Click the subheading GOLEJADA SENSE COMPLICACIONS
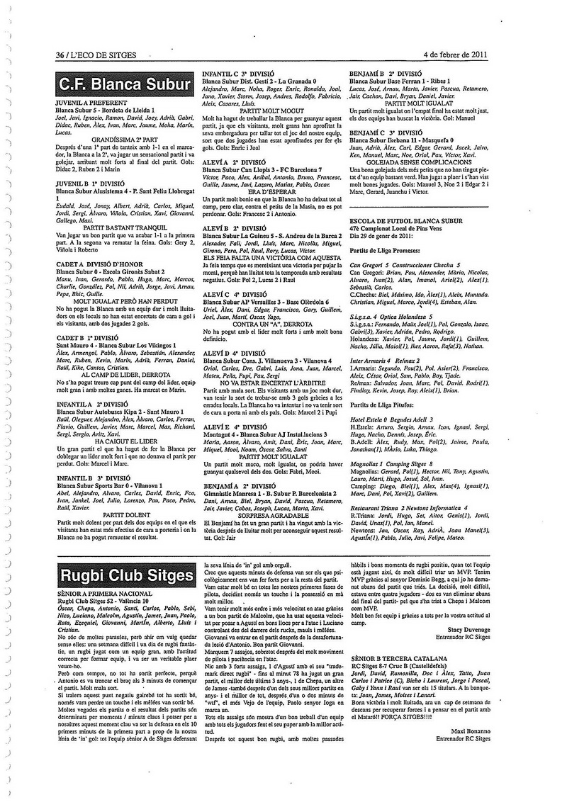coord(417,161)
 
